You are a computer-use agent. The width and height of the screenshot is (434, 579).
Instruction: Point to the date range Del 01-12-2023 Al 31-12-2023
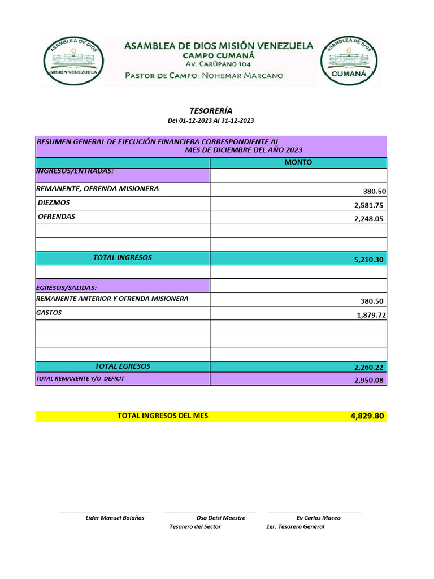coord(211,121)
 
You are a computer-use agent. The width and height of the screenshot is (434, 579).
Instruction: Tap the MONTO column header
coord(298,163)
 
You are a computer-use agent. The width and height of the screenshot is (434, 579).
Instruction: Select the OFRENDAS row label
coord(57,217)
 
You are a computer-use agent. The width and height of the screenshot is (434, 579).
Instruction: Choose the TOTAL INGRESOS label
coord(123,258)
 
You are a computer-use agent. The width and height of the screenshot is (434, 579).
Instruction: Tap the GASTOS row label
coord(49,313)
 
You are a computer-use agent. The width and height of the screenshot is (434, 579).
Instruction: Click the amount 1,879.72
coord(371,315)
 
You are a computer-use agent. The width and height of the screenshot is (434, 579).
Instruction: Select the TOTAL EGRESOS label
coord(123,366)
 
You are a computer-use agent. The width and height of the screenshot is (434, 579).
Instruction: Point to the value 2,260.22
coord(369,368)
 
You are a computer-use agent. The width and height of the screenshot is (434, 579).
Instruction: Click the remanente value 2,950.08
coord(369,381)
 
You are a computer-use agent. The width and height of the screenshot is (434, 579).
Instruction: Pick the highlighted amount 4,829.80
coord(367,416)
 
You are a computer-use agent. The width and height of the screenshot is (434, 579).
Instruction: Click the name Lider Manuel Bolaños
coord(115,518)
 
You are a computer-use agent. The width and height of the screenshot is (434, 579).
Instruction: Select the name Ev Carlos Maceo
coord(318,518)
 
